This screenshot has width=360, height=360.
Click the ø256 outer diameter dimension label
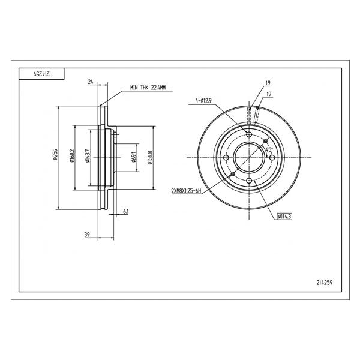[55, 154]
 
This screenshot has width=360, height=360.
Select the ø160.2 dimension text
[72, 155]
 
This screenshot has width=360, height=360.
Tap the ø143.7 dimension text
[88, 155]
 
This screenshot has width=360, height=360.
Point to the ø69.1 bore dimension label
[134, 157]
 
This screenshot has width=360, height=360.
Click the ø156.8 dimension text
[150, 158]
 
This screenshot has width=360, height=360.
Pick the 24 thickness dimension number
[91, 82]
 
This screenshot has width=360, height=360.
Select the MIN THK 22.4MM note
[148, 88]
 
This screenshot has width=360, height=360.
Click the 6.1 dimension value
[125, 211]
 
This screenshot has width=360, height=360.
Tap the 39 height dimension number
[87, 235]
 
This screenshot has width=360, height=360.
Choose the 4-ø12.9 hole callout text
[203, 100]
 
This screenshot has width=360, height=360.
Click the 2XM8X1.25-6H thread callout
[186, 191]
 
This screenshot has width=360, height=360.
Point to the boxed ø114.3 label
[284, 216]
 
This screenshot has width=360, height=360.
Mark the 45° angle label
[269, 149]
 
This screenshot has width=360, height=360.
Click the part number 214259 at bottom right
[325, 283]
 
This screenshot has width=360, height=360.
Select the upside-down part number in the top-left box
[41, 74]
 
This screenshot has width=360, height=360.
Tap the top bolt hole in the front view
[249, 134]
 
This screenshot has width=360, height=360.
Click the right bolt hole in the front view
[272, 157]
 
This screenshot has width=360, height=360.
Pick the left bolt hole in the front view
[226, 157]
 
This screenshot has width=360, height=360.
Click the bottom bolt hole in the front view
[249, 181]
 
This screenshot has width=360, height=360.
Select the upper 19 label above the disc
[268, 83]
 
